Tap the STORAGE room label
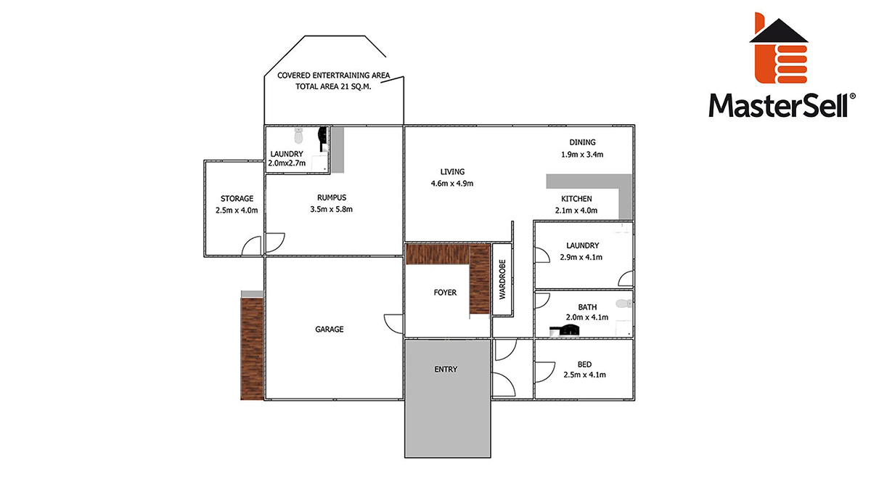(x=237, y=199)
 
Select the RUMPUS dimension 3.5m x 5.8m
(x=331, y=209)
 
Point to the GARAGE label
(x=330, y=330)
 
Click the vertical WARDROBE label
(x=502, y=279)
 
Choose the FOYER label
(x=445, y=293)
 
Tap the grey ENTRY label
(x=446, y=369)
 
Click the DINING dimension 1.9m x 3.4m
(x=582, y=155)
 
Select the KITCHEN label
(x=576, y=199)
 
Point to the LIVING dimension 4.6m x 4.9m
(x=451, y=184)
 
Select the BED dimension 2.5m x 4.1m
(x=584, y=375)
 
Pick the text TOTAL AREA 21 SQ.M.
(x=333, y=86)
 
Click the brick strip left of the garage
(x=252, y=349)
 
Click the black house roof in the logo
(x=778, y=30)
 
